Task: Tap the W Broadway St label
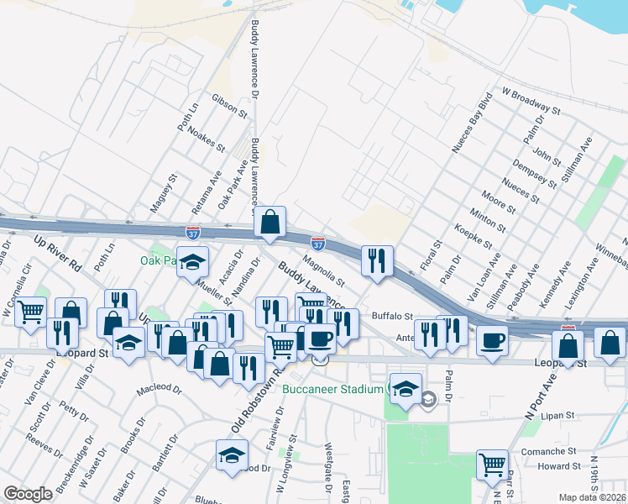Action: click(531, 99)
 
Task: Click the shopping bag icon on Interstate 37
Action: click(270, 223)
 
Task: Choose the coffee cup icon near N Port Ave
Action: click(492, 341)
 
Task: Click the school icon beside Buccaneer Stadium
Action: click(406, 390)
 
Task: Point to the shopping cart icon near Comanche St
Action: click(492, 465)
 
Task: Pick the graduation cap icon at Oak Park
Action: click(192, 263)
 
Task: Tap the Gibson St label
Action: click(230, 106)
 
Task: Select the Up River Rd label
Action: click(57, 252)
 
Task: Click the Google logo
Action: click(28, 494)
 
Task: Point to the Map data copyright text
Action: click(593, 497)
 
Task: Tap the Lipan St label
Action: click(557, 415)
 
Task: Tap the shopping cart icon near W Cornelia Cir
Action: click(31, 314)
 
